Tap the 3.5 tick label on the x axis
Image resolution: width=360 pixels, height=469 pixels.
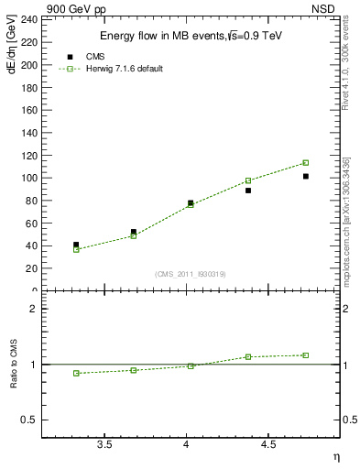(104, 446)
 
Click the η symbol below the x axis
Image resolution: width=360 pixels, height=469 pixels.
(335, 456)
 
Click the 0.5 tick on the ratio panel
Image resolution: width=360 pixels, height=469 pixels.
(31, 420)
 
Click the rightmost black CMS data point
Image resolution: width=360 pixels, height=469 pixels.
(306, 176)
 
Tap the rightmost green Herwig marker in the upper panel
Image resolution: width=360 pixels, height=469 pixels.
(306, 163)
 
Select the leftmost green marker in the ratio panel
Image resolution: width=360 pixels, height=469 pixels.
(76, 373)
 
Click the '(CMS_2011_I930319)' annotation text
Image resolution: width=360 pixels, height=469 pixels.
(191, 274)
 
